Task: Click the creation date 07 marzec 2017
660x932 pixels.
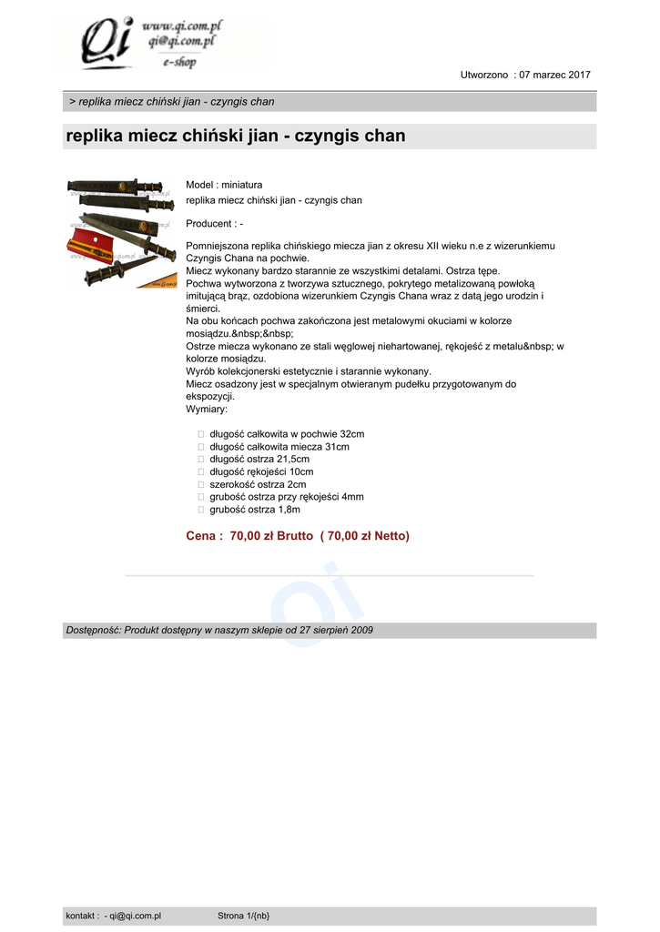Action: pyautogui.click(x=554, y=75)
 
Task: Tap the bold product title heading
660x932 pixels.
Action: pyautogui.click(x=236, y=137)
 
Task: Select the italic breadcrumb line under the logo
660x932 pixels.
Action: pyautogui.click(x=172, y=102)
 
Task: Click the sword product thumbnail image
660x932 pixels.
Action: pyautogui.click(x=121, y=234)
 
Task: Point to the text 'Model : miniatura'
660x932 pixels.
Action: pyautogui.click(x=224, y=185)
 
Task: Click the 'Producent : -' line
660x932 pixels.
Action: pyautogui.click(x=214, y=223)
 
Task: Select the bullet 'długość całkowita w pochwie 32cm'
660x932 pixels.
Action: pyautogui.click(x=287, y=434)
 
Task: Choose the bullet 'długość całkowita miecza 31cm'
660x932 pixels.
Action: pyautogui.click(x=279, y=447)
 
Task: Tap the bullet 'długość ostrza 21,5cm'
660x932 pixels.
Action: pyautogui.click(x=259, y=460)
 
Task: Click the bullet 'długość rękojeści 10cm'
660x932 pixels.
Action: pyautogui.click(x=261, y=472)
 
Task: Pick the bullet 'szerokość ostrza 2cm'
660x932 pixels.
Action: pyautogui.click(x=258, y=485)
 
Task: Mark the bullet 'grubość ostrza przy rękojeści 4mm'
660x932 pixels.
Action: pyautogui.click(x=287, y=497)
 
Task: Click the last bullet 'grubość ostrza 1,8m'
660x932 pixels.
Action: pyautogui.click(x=255, y=510)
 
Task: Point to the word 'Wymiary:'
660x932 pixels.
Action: pyautogui.click(x=207, y=409)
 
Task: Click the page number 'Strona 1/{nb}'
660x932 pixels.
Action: pyautogui.click(x=243, y=916)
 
